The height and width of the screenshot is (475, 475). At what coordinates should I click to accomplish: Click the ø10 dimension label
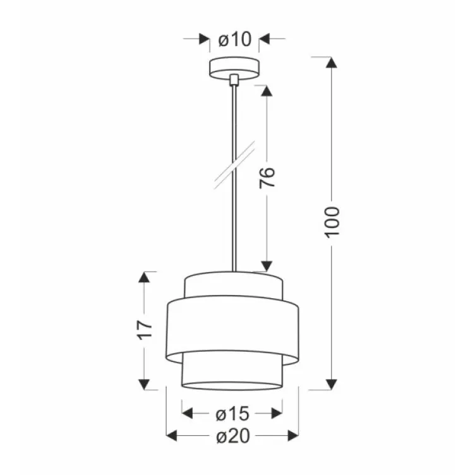[234, 40]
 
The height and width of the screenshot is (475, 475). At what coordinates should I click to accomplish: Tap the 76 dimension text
[267, 178]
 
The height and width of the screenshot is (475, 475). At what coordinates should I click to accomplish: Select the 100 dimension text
[333, 221]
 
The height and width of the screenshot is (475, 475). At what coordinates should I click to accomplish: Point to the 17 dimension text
[146, 328]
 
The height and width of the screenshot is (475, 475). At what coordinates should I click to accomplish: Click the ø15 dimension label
[232, 414]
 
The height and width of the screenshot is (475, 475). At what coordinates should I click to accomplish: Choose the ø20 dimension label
[232, 436]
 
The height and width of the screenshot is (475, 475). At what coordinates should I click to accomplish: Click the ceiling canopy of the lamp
[234, 66]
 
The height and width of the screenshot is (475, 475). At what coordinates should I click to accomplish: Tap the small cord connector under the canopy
[234, 80]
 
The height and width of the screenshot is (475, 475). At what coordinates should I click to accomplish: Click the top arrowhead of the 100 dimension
[330, 62]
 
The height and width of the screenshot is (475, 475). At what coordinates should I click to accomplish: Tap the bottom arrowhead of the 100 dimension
[330, 384]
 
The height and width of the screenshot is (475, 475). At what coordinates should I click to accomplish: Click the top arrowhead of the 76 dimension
[267, 91]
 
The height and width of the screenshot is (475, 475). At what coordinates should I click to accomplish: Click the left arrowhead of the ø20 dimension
[172, 436]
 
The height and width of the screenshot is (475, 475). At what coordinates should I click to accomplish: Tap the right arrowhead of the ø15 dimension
[277, 414]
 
